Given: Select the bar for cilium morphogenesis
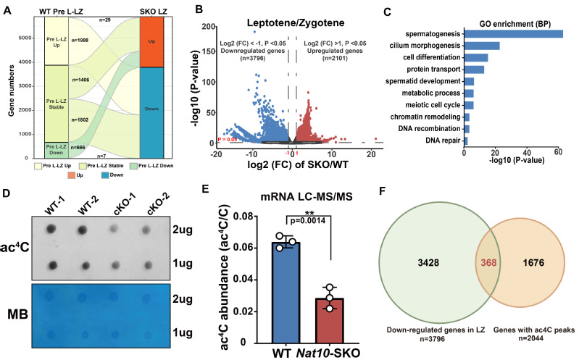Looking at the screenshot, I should point(479,46).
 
